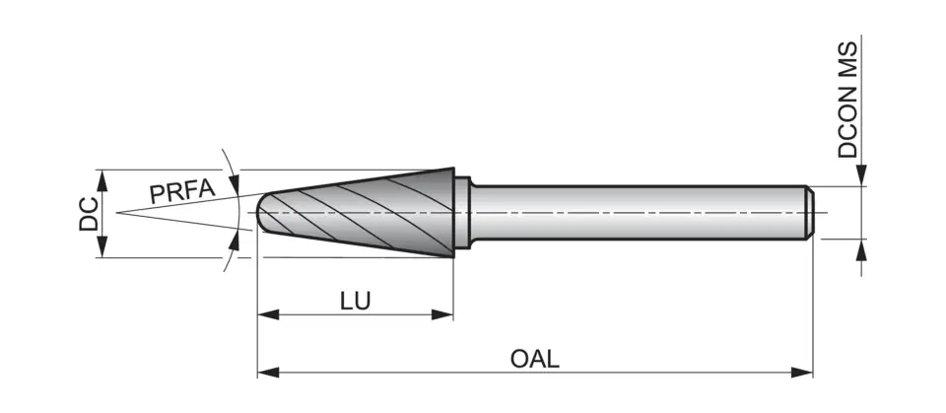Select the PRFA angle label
coord(181,191)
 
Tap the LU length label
coord(356,301)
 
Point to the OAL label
coord(535,358)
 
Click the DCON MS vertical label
coord(848,100)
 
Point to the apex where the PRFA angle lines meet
coord(116,212)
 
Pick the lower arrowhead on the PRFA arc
coord(234,240)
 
